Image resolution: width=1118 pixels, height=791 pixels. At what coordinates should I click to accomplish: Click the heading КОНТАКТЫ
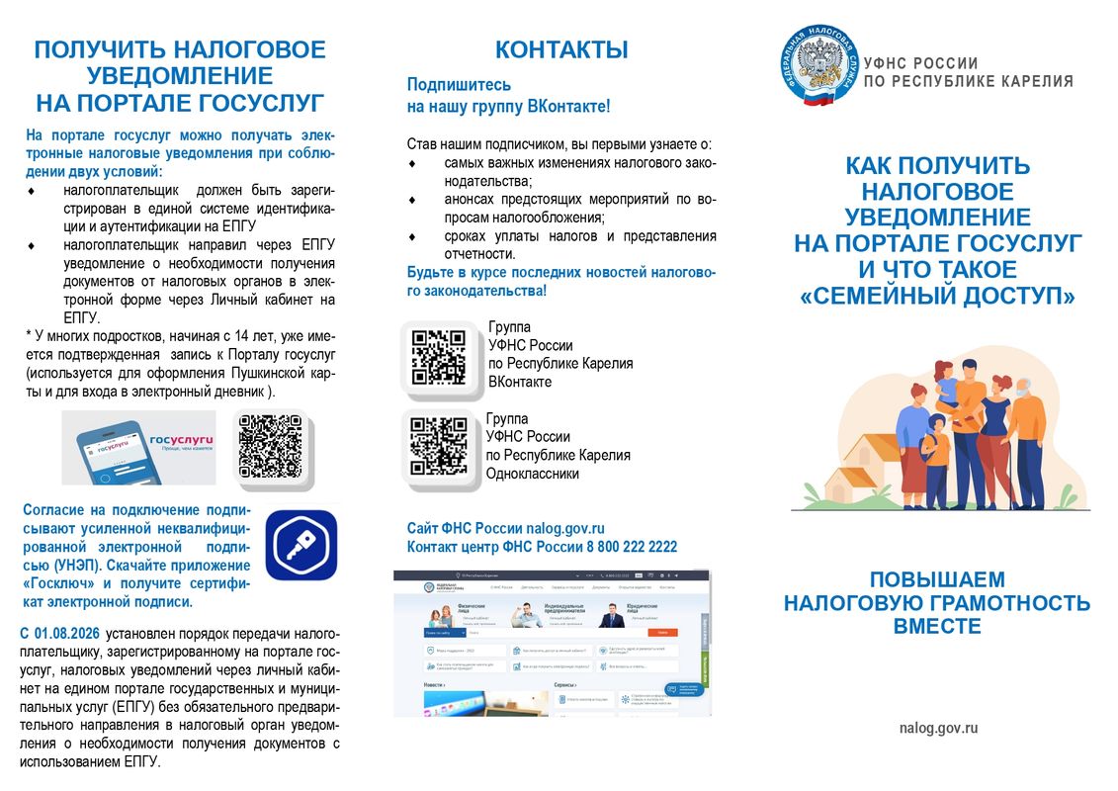[x=560, y=50]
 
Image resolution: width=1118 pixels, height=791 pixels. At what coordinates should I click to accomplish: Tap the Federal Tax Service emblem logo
[x=817, y=63]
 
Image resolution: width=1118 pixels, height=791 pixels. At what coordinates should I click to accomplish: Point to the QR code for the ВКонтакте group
[x=438, y=356]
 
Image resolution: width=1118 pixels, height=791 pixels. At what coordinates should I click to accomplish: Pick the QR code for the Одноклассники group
[x=438, y=446]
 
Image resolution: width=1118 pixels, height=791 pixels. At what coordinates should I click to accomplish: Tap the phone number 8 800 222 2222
[x=632, y=547]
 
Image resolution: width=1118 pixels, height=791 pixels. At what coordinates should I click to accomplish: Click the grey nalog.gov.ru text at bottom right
[x=939, y=728]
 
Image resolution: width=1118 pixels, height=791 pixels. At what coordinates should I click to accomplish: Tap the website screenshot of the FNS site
[x=552, y=644]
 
